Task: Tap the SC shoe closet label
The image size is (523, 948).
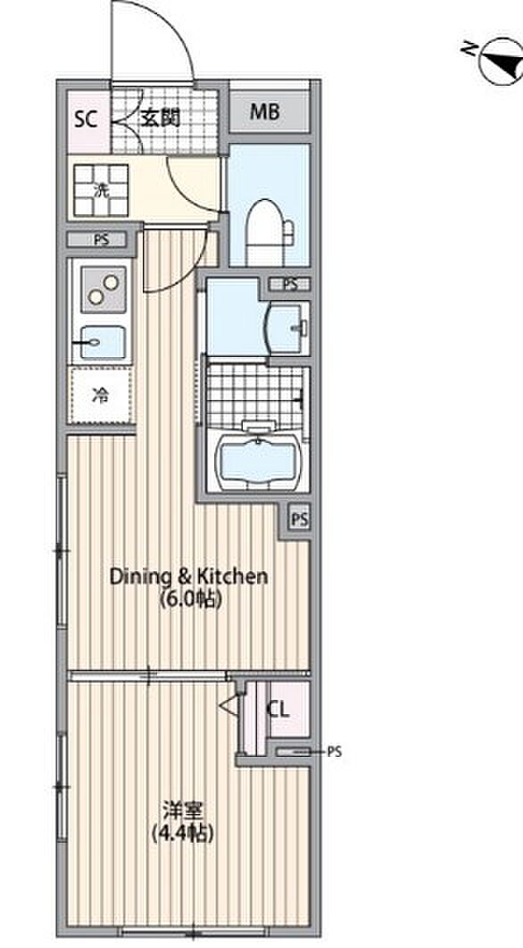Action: point(86,119)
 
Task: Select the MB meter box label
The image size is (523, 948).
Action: point(265,112)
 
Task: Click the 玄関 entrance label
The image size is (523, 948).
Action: point(161,119)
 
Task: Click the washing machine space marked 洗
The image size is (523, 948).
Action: point(101,190)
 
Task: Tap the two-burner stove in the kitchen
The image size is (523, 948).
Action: point(103,288)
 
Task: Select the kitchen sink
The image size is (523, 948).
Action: point(102,343)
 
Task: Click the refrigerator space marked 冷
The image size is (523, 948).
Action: point(100,395)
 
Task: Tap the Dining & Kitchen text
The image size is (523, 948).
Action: point(188,576)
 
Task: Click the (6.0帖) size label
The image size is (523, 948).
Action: point(188,599)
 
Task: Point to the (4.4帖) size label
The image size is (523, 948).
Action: point(183,834)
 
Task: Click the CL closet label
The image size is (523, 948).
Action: point(278,710)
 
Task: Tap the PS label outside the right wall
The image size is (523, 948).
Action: point(335,753)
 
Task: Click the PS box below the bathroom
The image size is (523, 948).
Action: point(299,519)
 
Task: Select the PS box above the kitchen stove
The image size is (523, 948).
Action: point(101,239)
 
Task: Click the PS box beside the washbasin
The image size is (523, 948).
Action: point(290,284)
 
